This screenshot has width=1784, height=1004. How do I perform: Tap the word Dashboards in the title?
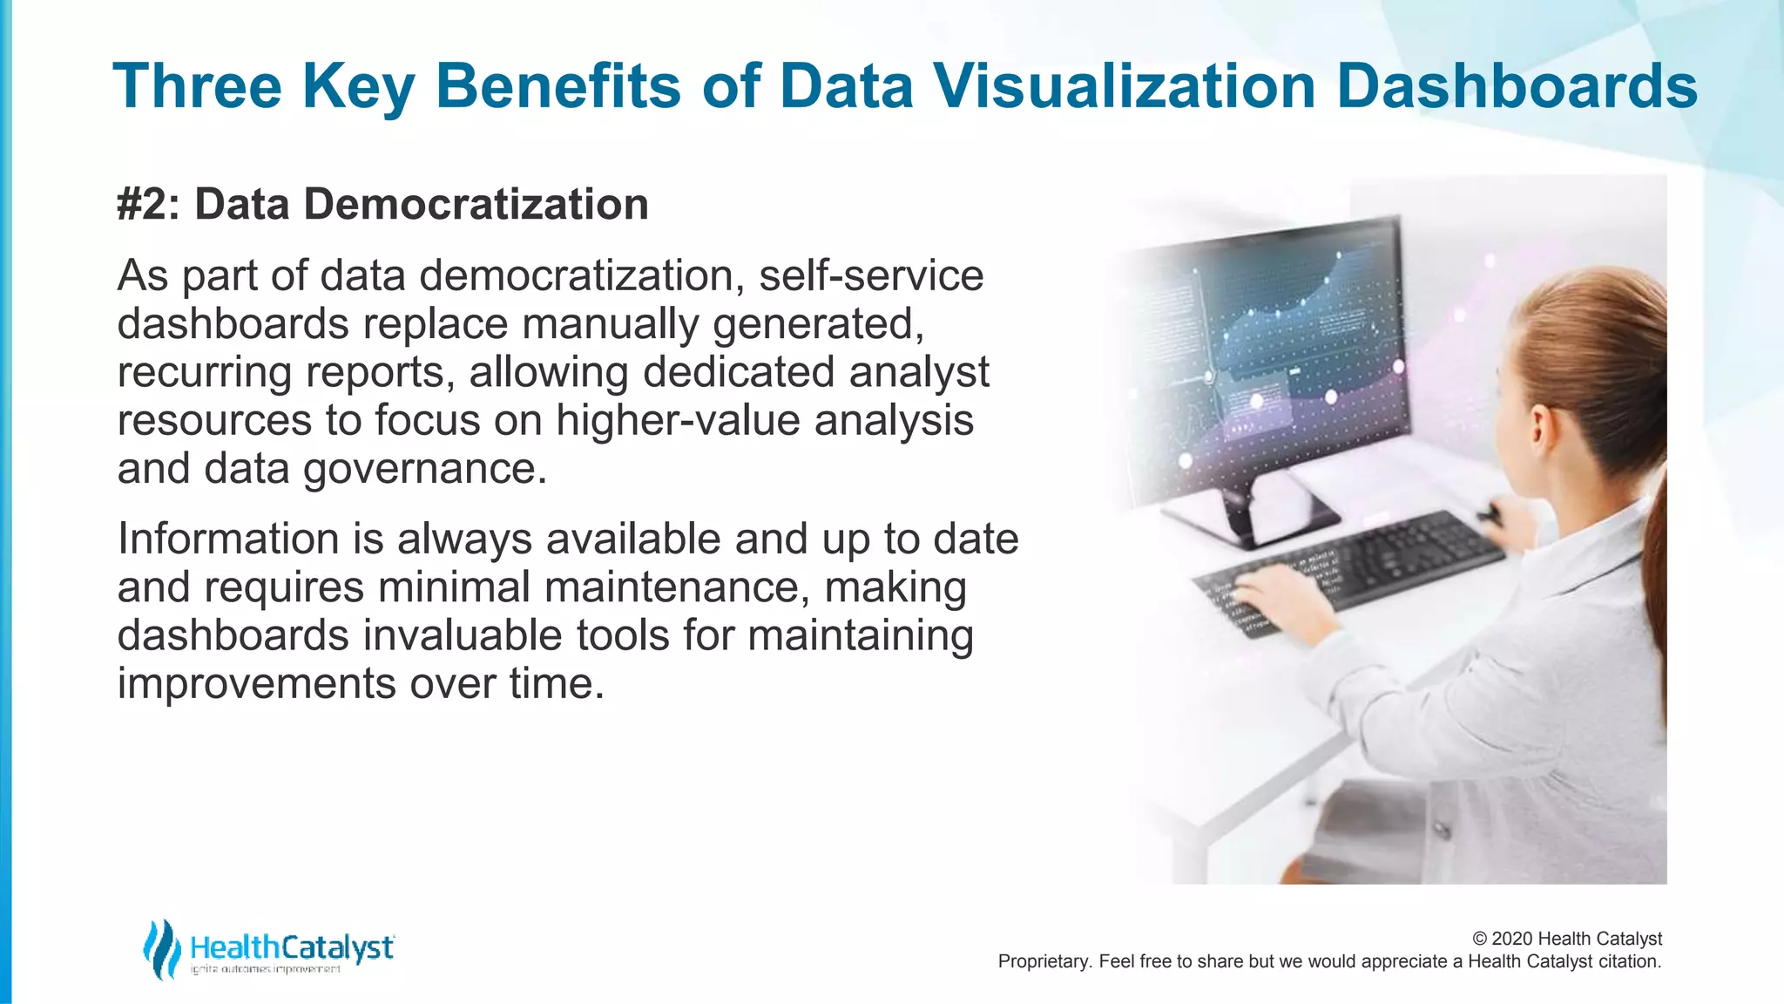pos(1516,85)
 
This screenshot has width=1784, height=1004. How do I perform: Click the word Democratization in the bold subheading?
pos(476,205)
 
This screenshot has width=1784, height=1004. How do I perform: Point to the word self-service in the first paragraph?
pos(871,275)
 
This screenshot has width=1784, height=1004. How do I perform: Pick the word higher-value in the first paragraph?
pos(678,420)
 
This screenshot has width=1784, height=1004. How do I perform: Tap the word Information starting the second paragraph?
pos(228,539)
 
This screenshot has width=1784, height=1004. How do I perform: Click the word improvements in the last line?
pos(256,683)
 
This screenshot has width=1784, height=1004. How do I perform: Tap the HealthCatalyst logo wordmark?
pos(292,947)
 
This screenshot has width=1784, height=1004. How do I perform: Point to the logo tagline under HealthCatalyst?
pos(266,970)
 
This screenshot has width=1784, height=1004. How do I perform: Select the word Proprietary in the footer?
pos(1041,961)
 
